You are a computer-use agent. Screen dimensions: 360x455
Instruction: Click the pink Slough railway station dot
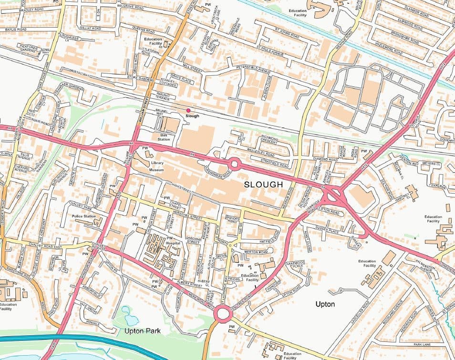coord(188,111)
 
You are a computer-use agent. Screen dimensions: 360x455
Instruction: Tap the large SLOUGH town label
coord(264,184)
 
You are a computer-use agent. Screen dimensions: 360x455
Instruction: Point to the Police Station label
coord(83,216)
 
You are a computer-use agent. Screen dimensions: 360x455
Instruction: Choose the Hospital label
coord(173,243)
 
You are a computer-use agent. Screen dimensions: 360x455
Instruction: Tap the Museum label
coord(156,170)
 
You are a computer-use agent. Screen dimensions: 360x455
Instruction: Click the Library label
coord(157,163)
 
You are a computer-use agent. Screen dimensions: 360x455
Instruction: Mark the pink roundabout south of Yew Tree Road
coord(222,314)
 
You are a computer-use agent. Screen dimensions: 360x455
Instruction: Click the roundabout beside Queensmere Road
coord(234,164)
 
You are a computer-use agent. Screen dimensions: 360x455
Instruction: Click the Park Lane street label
coord(422,344)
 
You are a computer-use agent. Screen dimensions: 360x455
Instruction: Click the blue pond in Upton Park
coord(128,315)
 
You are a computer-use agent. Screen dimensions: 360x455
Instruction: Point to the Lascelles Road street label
coord(361,312)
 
